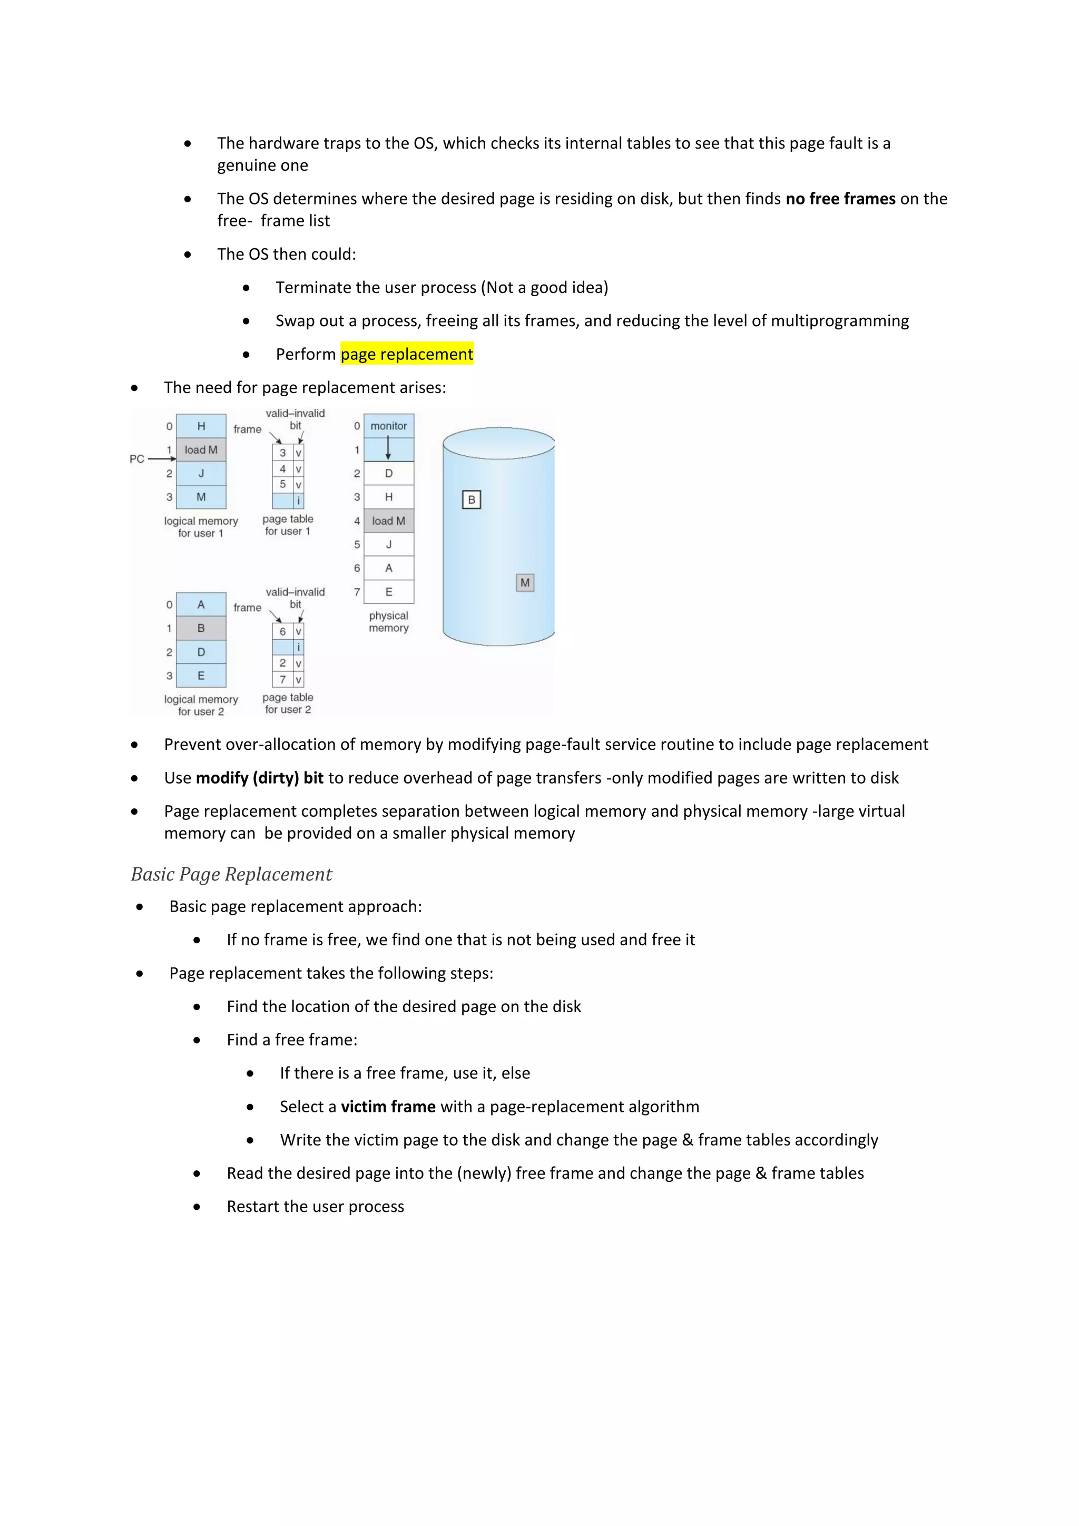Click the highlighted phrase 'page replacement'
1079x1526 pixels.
pos(407,354)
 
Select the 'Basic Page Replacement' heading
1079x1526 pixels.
pos(231,874)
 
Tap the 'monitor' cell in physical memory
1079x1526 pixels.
pos(389,426)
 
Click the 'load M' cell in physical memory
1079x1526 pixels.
pos(389,521)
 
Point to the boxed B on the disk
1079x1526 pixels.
pos(471,500)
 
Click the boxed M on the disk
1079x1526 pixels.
pos(525,583)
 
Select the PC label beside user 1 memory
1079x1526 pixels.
pos(137,458)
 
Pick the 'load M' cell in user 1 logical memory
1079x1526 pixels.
pos(201,450)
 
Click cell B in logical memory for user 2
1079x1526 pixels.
pos(201,628)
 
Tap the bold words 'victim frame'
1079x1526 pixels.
pos(388,1107)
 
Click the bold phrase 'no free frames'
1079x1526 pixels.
pos(840,199)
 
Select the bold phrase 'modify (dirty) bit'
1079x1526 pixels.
pos(260,778)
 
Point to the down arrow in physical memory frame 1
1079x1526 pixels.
pos(389,449)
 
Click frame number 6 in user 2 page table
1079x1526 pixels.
pos(282,631)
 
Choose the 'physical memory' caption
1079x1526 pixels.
pos(389,621)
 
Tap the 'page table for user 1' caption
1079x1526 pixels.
pos(288,525)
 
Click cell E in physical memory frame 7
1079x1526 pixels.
pos(389,592)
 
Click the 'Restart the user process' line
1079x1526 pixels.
pos(315,1206)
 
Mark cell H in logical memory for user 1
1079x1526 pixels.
pos(201,426)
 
